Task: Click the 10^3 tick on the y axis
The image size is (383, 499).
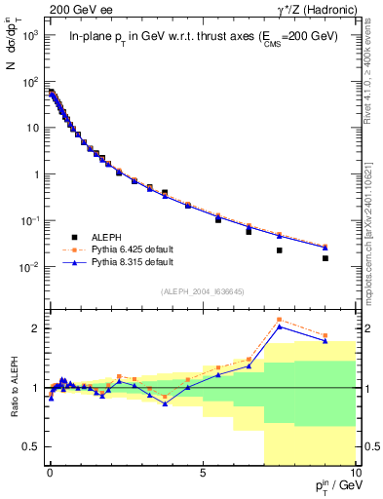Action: pyautogui.click(x=32, y=35)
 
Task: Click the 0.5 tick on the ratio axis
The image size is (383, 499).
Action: pyautogui.click(x=32, y=446)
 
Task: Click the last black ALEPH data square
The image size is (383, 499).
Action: pyautogui.click(x=326, y=258)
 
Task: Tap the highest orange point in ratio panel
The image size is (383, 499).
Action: pyautogui.click(x=280, y=320)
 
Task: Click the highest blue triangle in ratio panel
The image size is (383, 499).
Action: pyautogui.click(x=280, y=326)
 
